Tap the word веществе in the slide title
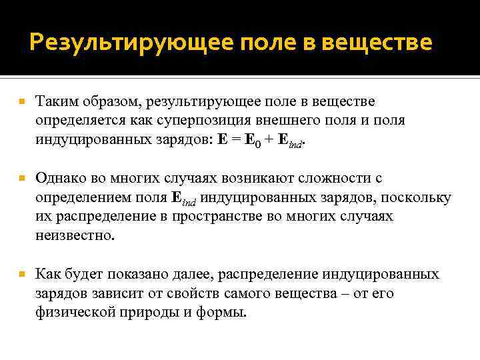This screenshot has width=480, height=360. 376,43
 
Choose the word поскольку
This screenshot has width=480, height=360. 419,198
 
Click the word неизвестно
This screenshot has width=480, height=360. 75,236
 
